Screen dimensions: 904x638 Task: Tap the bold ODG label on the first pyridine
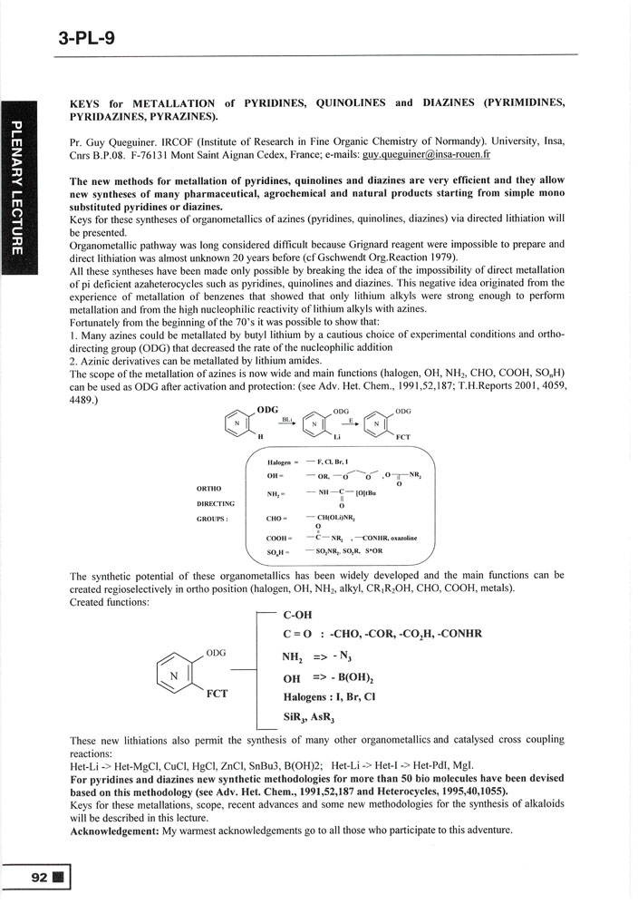pyautogui.click(x=267, y=409)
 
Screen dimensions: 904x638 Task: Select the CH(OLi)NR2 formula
pyautogui.click(x=337, y=518)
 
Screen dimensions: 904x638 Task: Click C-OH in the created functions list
pyautogui.click(x=299, y=617)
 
